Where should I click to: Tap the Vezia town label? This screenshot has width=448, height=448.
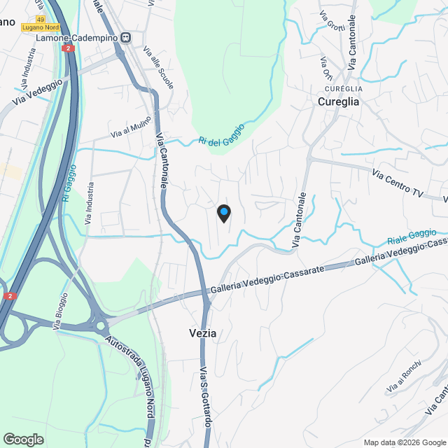(202, 334)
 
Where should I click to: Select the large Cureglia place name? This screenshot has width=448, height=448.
(338, 101)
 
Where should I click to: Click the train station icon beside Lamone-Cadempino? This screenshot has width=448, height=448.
(125, 38)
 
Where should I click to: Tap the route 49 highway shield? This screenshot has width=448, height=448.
(41, 19)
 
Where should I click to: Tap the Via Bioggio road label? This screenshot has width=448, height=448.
(61, 311)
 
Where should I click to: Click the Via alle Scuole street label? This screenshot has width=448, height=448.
(158, 67)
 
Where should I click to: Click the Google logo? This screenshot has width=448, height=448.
(23, 440)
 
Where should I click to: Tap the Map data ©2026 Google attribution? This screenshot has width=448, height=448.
(405, 442)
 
